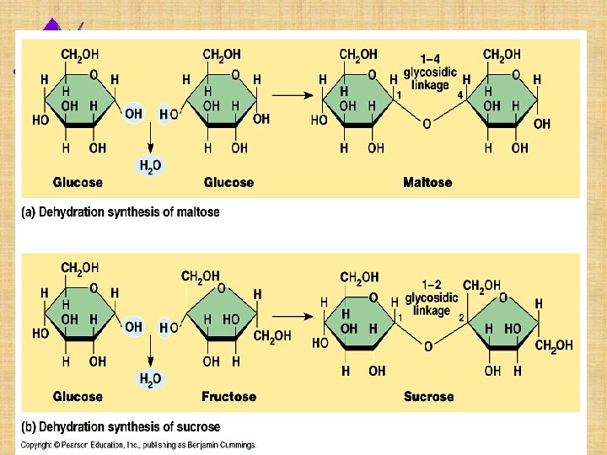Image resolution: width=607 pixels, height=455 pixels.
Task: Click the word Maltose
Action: point(427,182)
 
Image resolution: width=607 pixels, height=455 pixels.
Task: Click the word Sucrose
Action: point(428,396)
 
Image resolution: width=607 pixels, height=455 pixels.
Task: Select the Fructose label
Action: point(228,396)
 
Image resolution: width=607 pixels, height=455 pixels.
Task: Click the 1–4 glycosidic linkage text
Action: point(430,72)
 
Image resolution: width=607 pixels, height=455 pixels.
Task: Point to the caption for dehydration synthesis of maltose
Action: point(120,212)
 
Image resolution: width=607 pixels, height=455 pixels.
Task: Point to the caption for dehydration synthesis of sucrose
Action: point(120,426)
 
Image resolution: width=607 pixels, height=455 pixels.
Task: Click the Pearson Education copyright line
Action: point(138,445)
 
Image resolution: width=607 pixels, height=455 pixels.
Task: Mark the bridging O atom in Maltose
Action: point(427,124)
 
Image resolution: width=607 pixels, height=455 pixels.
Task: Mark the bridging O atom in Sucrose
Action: point(427,346)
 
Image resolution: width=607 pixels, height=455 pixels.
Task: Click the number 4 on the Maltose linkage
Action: point(460,95)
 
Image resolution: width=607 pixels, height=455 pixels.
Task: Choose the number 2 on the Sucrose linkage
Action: point(461,317)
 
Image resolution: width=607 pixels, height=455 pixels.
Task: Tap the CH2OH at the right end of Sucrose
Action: point(554,345)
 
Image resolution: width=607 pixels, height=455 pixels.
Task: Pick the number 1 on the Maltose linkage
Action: point(399,95)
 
